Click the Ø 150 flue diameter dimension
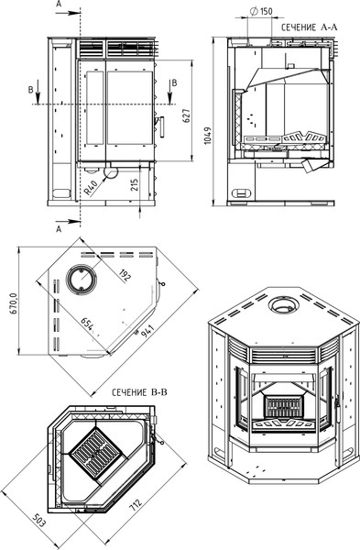pyautogui.click(x=261, y=11)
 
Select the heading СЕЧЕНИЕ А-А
pyautogui.click(x=310, y=27)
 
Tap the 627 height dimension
pyautogui.click(x=187, y=115)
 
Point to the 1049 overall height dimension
pyautogui.click(x=208, y=136)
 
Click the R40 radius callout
pyautogui.click(x=91, y=188)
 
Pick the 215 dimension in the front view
pyautogui.click(x=135, y=184)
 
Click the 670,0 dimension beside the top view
pyautogui.click(x=14, y=302)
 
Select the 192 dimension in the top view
pyautogui.click(x=125, y=276)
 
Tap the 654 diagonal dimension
pyautogui.click(x=88, y=324)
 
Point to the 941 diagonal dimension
pyautogui.click(x=147, y=332)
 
